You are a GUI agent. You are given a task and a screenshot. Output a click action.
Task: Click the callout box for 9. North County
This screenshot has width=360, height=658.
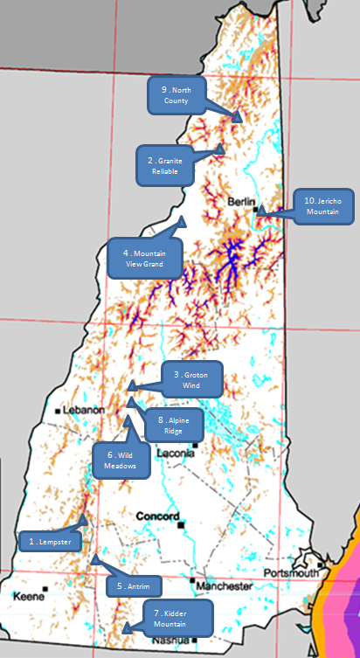click(177, 95)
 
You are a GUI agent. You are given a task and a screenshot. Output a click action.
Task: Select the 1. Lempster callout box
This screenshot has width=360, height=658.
click(49, 542)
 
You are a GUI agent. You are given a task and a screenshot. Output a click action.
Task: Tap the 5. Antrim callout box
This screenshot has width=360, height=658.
click(134, 585)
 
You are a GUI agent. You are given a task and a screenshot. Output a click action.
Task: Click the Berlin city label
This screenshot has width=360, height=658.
click(240, 202)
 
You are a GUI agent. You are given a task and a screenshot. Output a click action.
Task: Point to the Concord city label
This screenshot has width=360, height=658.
click(156, 516)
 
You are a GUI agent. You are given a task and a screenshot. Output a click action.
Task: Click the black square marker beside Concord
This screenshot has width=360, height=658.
click(181, 526)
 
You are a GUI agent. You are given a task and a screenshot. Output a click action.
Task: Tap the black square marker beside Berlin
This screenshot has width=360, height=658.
click(255, 210)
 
